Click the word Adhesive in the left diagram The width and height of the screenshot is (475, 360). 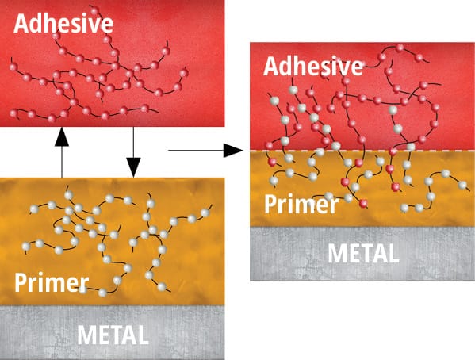click(63, 23)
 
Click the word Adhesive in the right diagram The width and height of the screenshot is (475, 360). click(313, 66)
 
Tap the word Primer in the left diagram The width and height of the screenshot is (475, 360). click(52, 282)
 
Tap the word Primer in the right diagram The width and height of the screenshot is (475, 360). click(301, 205)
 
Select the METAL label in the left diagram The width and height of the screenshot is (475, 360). click(113, 335)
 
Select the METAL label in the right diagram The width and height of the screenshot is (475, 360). click(363, 253)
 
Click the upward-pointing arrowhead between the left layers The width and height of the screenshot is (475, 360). click(62, 137)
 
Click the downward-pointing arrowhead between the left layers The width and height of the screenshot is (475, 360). click(133, 167)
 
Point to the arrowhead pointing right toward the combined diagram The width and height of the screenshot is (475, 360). click(233, 151)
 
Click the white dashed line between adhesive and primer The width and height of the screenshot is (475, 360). click(362, 151)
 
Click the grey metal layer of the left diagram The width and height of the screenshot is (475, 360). click(112, 332)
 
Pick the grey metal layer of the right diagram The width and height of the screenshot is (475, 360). click(362, 254)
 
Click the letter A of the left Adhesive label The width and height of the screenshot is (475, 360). click(21, 23)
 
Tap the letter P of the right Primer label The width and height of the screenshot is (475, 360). click(270, 205)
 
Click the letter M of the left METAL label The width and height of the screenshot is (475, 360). click(86, 335)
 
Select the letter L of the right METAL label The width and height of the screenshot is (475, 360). click(393, 253)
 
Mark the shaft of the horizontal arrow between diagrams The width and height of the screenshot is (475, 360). click(196, 151)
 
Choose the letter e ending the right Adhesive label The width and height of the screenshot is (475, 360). click(356, 69)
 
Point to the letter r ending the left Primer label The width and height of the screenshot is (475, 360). click(83, 285)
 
